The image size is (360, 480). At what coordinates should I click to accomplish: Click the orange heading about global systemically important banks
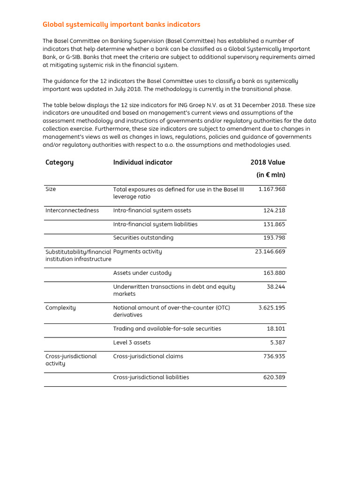point(121,24)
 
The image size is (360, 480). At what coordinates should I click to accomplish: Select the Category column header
point(60,163)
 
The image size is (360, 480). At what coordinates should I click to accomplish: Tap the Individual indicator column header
point(142,163)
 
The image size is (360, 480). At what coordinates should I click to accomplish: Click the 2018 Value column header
point(268,163)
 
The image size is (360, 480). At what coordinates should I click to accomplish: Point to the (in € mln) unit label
point(270,175)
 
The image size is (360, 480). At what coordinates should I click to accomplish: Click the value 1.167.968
point(272,189)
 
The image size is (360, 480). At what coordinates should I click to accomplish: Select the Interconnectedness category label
point(72,210)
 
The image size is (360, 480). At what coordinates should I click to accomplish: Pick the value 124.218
point(274,210)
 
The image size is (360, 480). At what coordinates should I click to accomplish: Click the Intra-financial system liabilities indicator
point(155,225)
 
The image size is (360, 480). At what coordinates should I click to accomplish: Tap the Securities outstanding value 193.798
point(274,238)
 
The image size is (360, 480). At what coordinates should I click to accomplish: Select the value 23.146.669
point(270,252)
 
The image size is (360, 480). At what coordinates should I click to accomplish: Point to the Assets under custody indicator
point(142,273)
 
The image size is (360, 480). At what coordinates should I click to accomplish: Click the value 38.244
point(276,287)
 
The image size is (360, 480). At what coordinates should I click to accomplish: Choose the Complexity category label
point(60,308)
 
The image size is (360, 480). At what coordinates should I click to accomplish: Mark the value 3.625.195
point(272,308)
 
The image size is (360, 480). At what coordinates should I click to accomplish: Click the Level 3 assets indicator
point(132,343)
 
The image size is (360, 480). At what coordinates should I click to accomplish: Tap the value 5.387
point(277,343)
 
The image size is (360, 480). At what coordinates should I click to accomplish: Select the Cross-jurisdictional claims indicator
point(148,356)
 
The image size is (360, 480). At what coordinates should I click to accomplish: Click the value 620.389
point(274,377)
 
